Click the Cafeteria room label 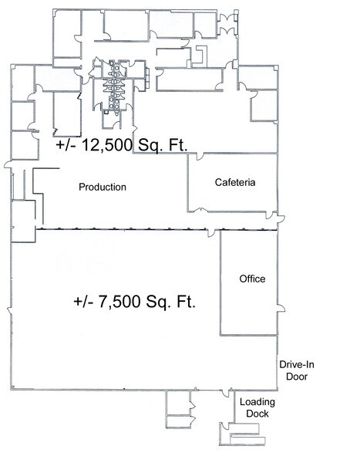pyautogui.click(x=235, y=182)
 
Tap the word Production pyautogui.click(x=103, y=187)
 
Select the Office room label pyautogui.click(x=252, y=279)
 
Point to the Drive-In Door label pyautogui.click(x=297, y=370)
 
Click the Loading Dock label pyautogui.click(x=257, y=407)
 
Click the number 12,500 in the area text pyautogui.click(x=107, y=145)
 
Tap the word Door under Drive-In pyautogui.click(x=297, y=377)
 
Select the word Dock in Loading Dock pyautogui.click(x=257, y=414)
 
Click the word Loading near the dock pyautogui.click(x=257, y=402)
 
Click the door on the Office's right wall pyautogui.click(x=281, y=308)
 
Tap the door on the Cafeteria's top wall pyautogui.click(x=200, y=156)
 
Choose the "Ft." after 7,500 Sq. pyautogui.click(x=187, y=301)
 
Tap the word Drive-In pyautogui.click(x=297, y=364)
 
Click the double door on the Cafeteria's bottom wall pyautogui.click(x=201, y=210)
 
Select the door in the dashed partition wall pyautogui.click(x=212, y=233)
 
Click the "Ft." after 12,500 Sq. pyautogui.click(x=178, y=144)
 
